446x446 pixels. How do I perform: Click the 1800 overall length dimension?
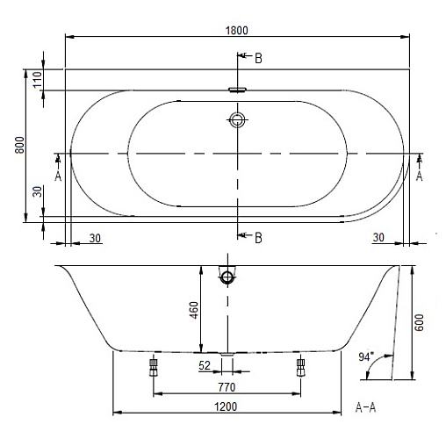click(x=237, y=31)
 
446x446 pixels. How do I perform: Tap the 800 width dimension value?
click(x=19, y=145)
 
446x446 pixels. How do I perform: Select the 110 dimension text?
click(x=38, y=80)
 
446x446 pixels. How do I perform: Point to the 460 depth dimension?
click(x=193, y=310)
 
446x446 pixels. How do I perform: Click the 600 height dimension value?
click(x=419, y=322)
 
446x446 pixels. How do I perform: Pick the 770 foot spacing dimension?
click(x=227, y=387)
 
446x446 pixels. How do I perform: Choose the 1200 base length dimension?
click(x=226, y=406)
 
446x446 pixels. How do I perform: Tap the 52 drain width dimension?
click(x=205, y=365)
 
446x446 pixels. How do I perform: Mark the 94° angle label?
click(x=366, y=356)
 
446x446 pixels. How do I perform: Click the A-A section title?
click(x=365, y=407)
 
